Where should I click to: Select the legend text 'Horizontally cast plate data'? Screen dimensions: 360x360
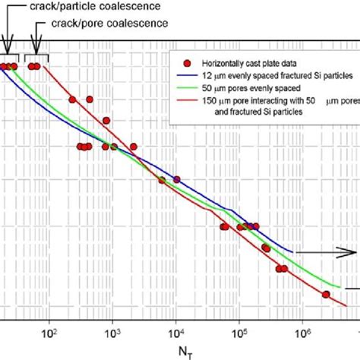pyautogui.click(x=242, y=61)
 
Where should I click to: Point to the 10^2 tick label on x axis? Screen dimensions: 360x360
pyautogui.click(x=50, y=331)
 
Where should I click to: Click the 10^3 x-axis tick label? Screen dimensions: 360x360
pyautogui.click(x=112, y=331)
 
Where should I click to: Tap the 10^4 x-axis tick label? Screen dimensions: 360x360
pyautogui.click(x=176, y=331)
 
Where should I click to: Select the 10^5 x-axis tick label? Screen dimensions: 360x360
pyautogui.click(x=239, y=331)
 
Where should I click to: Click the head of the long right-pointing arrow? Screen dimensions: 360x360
pyautogui.click(x=353, y=252)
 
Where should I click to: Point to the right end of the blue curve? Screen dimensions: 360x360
pyautogui.click(x=293, y=251)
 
